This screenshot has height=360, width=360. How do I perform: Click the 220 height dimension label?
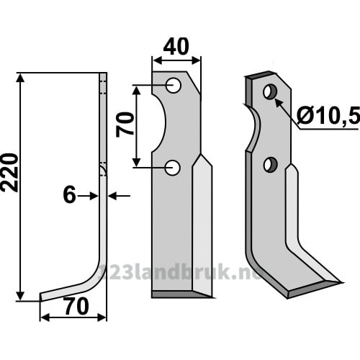[x=9, y=173]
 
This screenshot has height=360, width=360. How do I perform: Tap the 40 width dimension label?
[x=176, y=46]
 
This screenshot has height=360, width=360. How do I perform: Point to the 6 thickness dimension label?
[x=69, y=195]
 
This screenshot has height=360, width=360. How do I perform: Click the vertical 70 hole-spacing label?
[x=125, y=125]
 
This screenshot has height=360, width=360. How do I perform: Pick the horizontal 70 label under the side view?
[x=76, y=307]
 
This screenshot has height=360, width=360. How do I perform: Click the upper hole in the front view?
[x=174, y=86]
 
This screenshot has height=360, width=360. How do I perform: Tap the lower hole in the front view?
[x=172, y=168]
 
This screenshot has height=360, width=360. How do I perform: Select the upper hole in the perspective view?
[x=270, y=91]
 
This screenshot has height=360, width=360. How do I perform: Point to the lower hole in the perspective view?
[x=271, y=164]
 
